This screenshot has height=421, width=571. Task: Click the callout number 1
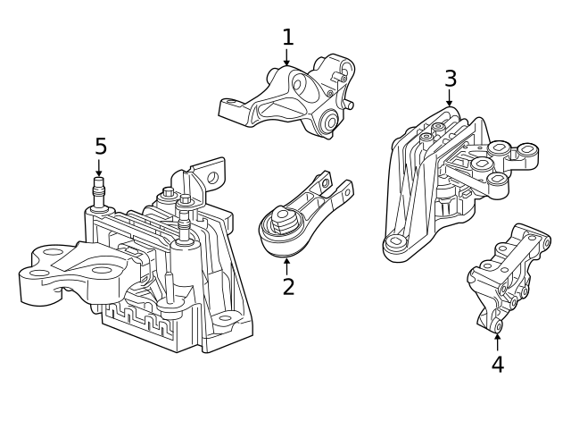pos(287,38)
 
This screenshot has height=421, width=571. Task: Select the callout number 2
pos(288,286)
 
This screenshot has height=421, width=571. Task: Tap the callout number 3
pos(451,79)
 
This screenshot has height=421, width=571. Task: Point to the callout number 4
pos(498,365)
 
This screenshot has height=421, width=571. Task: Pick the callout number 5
pos(101,147)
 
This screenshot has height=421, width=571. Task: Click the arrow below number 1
pos(287,57)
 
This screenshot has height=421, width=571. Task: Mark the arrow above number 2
pos(287,266)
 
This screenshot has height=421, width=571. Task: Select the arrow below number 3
pos(450,97)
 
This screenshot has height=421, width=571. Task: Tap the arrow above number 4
pos(497,342)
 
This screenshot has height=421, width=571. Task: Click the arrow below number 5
pos(99,167)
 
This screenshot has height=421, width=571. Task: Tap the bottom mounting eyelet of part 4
pos(498,325)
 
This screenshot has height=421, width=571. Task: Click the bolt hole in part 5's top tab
pos(212,178)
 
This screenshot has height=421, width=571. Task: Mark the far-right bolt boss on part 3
pos(528,150)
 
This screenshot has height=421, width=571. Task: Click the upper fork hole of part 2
pos(325,182)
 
